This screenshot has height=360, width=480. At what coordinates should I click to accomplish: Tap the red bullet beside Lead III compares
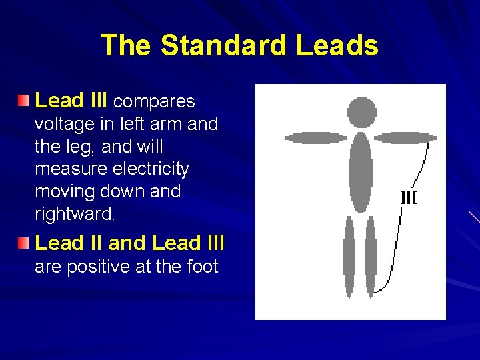[x=24, y=101]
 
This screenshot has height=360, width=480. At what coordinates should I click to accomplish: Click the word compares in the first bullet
[x=154, y=102]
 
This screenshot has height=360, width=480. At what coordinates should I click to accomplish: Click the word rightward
[x=75, y=215]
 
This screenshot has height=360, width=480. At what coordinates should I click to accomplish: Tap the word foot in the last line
[x=200, y=267]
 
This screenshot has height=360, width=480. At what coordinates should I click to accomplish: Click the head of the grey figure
[x=362, y=112]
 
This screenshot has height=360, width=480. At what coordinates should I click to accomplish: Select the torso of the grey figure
[x=361, y=172]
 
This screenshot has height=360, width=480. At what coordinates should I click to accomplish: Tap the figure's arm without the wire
[x=316, y=138]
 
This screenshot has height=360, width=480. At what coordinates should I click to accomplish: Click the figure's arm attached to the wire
[x=405, y=138]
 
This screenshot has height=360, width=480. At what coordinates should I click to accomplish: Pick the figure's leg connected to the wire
[x=371, y=257]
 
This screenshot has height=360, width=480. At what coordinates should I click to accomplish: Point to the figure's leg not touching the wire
[x=349, y=257]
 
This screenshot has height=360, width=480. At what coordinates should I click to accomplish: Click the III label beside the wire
[x=408, y=197]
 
